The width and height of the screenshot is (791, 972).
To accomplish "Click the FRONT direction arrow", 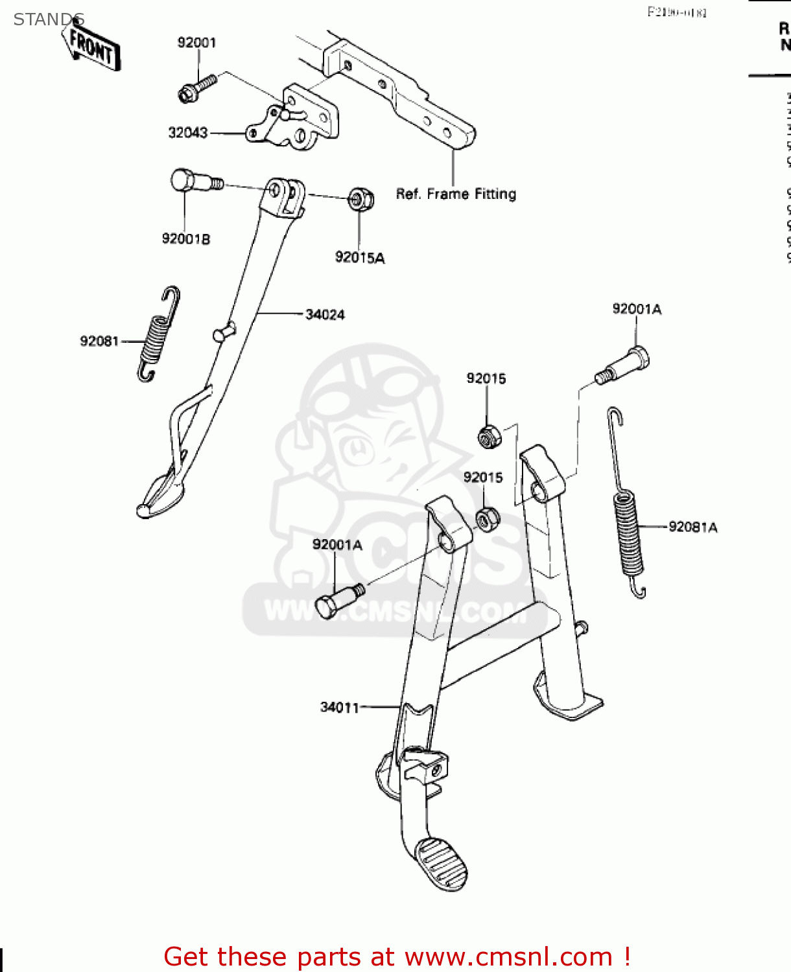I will (93, 47).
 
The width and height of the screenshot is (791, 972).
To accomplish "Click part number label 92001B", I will (185, 239).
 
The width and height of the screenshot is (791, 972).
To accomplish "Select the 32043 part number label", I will (187, 133).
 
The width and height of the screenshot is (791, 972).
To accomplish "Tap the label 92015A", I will (359, 258).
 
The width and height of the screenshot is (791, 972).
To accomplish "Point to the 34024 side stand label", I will (325, 315).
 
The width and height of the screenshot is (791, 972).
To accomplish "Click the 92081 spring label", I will (99, 341).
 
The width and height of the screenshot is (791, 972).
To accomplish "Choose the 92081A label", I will (692, 527).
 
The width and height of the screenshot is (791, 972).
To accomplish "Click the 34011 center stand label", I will (339, 708).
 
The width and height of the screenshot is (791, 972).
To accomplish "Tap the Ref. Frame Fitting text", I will (456, 194).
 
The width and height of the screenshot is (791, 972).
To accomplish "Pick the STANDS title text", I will (49, 19).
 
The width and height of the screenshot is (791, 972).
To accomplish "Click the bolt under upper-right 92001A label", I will (624, 365).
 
